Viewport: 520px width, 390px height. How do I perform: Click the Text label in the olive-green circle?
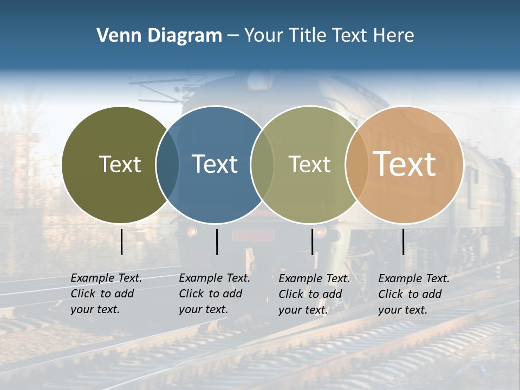point(120,164)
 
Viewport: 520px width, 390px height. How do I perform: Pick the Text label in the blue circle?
point(215,164)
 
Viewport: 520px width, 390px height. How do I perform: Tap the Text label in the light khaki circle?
point(309,164)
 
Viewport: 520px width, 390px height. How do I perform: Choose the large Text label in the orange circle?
point(405,164)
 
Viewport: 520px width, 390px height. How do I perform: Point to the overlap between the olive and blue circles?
point(167,165)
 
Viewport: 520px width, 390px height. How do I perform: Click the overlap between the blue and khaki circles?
point(262,165)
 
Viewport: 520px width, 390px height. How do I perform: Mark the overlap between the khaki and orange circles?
point(357,165)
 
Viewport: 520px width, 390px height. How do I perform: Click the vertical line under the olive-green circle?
point(122,242)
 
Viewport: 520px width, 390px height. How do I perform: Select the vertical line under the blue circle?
point(217,242)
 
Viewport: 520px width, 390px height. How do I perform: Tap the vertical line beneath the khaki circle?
point(313,242)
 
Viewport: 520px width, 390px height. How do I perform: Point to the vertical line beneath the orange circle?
point(404,242)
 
